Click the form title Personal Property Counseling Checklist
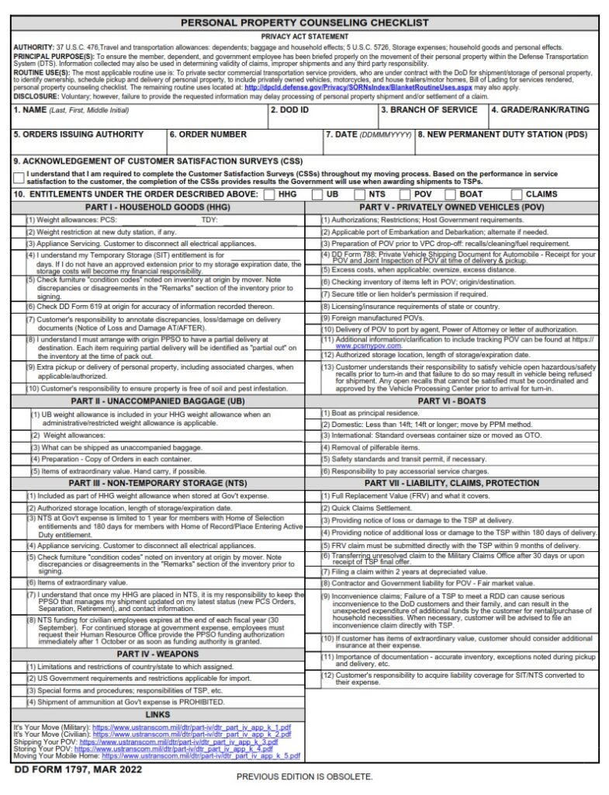click(304, 24)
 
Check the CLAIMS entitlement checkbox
click(517, 194)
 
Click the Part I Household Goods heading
click(158, 207)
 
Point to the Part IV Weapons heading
click(158, 654)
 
